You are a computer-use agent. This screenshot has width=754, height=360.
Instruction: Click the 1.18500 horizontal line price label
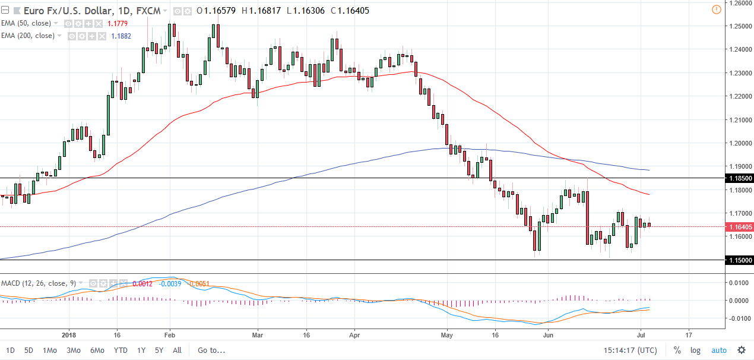pyautogui.click(x=740, y=178)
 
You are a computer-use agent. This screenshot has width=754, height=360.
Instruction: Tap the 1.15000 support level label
pyautogui.click(x=740, y=260)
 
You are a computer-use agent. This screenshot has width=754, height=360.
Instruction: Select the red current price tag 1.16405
pyautogui.click(x=740, y=226)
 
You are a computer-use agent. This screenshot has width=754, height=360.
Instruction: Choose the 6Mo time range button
pyautogui.click(x=97, y=350)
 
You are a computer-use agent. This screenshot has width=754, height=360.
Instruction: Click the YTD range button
pyautogui.click(x=121, y=350)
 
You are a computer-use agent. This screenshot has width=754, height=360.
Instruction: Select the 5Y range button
pyautogui.click(x=159, y=350)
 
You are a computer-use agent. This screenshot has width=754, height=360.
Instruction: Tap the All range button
pyautogui.click(x=177, y=350)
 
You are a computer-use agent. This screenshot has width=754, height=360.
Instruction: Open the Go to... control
pyautogui.click(x=211, y=350)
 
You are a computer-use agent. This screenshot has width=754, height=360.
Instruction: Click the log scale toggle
pyautogui.click(x=695, y=350)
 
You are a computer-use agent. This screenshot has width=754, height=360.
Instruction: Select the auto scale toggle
pyautogui.click(x=718, y=350)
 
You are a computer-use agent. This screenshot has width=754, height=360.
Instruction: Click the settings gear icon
pyautogui.click(x=742, y=350)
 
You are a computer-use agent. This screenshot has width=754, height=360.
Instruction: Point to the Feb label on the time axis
pyautogui.click(x=170, y=334)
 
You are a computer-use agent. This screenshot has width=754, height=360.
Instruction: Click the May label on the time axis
pyautogui.click(x=448, y=334)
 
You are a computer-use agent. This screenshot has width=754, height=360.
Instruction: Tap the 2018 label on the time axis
pyautogui.click(x=69, y=334)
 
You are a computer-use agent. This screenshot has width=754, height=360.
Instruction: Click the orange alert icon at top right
pyautogui.click(x=716, y=9)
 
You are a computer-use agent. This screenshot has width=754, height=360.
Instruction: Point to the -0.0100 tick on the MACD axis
pyautogui.click(x=737, y=318)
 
